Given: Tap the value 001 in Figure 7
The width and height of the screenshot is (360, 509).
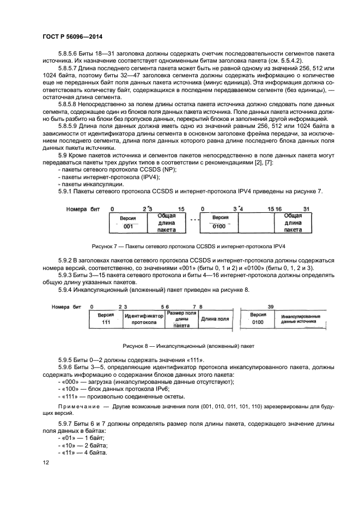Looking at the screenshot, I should [129, 225].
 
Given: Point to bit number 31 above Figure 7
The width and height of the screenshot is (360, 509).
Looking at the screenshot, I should [306, 208].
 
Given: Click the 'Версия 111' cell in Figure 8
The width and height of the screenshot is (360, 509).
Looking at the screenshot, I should [105, 318].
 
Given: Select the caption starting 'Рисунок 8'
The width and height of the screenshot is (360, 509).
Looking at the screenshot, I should [189, 346].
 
